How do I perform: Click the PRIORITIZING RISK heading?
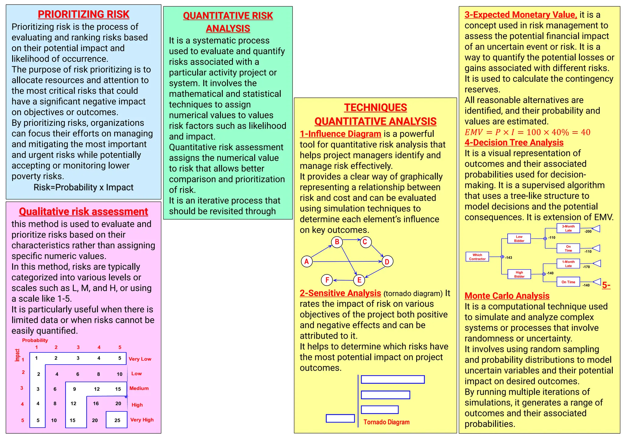point(83,14)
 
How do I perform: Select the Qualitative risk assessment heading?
point(83,211)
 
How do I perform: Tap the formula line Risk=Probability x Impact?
point(83,187)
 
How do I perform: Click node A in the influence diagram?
point(307,261)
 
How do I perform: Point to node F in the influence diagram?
point(327,280)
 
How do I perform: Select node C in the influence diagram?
point(365,242)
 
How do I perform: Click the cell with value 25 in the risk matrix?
point(117,420)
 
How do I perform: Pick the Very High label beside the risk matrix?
point(142,420)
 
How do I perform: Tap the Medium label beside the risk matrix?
point(139,388)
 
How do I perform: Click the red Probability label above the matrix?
point(35,340)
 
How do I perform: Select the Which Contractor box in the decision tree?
point(477,257)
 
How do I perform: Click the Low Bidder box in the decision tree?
point(519,238)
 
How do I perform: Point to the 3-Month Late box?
point(568,228)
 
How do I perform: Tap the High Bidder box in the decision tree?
point(519,274)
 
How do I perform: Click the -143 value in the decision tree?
point(509,258)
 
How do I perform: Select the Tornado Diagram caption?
point(386,422)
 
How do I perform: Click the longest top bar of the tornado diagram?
point(393,379)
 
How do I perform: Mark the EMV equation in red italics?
point(527,132)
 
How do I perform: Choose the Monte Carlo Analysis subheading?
point(507,296)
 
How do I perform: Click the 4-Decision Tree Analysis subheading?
point(514,143)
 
